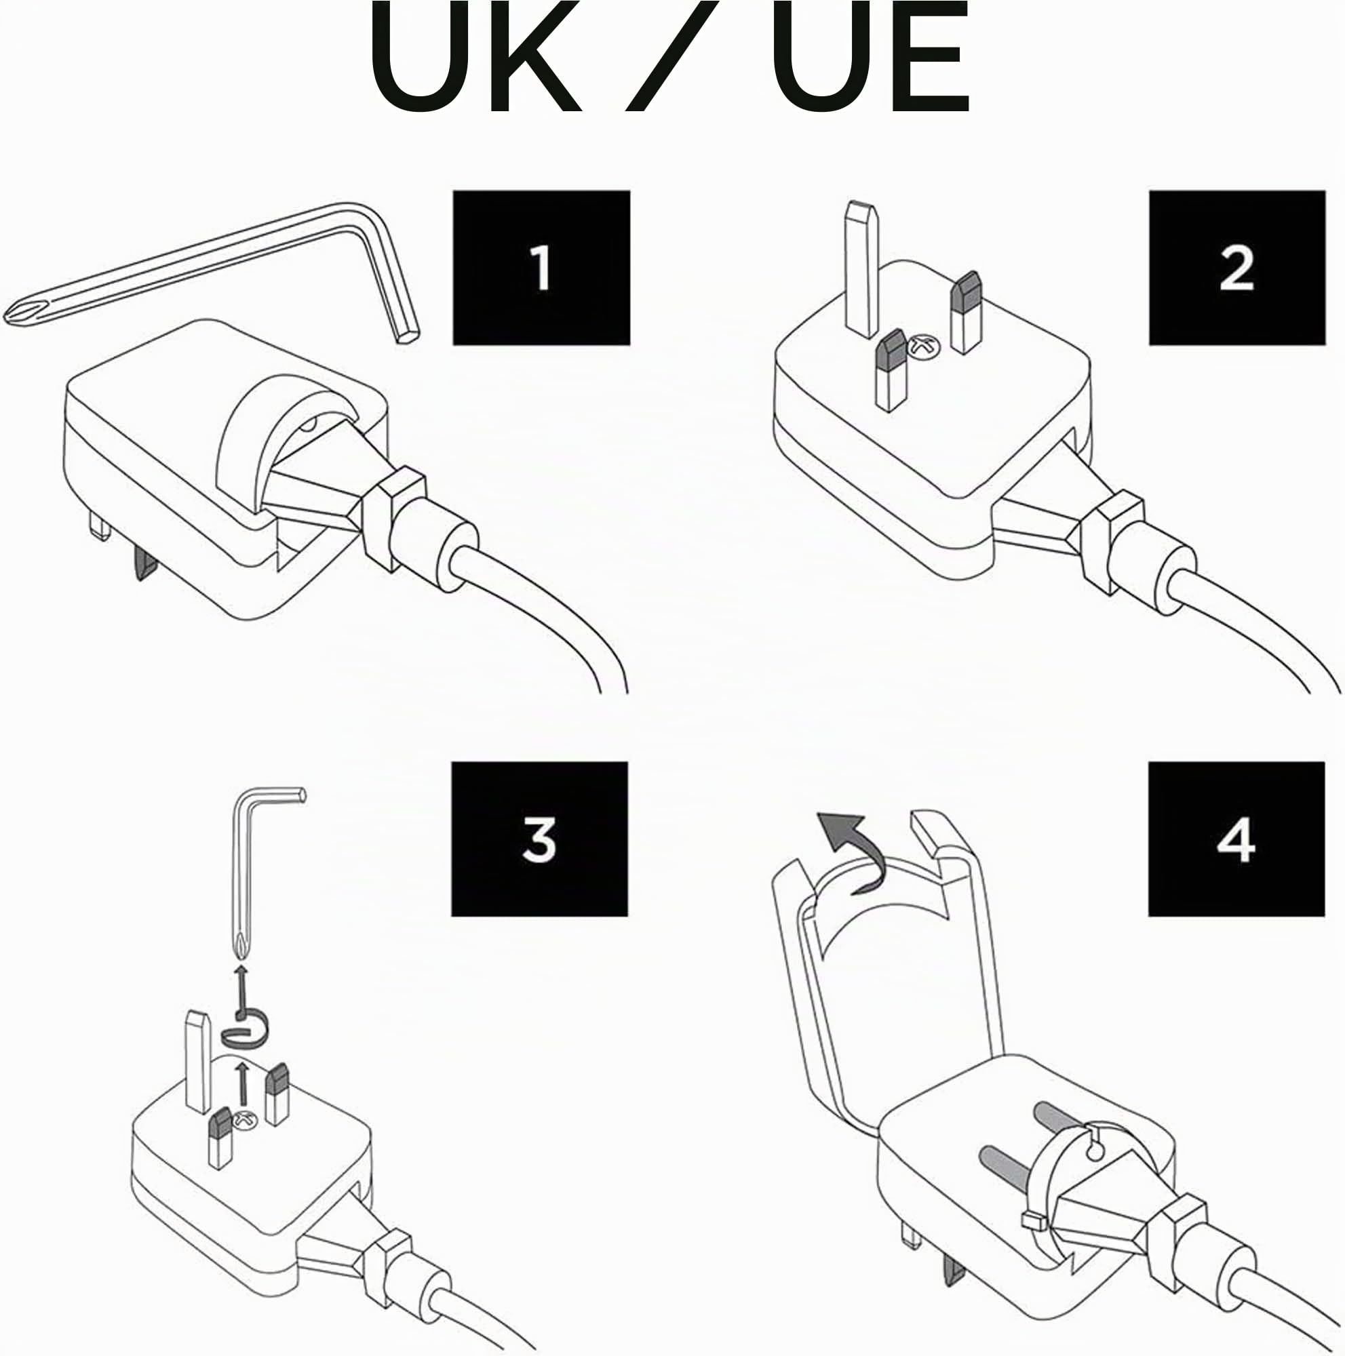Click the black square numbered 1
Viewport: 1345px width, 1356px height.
541,267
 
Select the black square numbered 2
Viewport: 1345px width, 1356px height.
1237,267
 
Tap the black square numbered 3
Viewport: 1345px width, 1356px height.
539,839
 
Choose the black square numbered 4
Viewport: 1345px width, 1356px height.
1236,839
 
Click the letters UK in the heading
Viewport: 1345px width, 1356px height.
475,56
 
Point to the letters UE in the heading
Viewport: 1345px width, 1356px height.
870,56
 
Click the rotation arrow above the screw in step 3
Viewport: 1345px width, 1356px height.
245,1033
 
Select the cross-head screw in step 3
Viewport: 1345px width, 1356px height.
246,1121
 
